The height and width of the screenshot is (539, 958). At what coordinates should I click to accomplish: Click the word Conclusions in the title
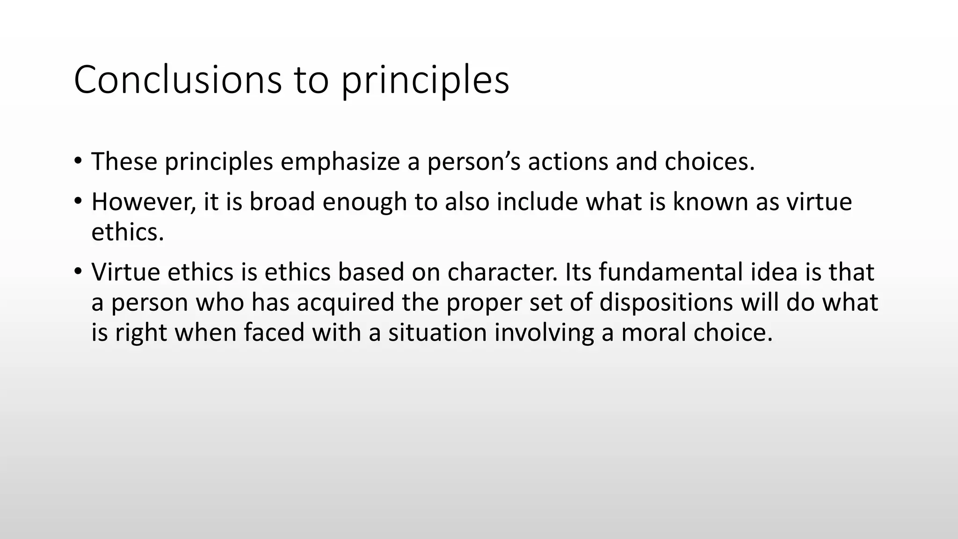pos(178,80)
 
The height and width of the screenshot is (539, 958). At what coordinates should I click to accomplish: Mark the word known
pos(711,202)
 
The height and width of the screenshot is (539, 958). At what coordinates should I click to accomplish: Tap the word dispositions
pos(666,303)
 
